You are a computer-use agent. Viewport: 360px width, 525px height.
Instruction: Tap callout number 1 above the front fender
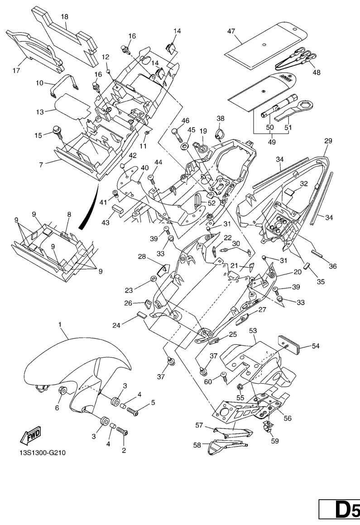click(x=59, y=324)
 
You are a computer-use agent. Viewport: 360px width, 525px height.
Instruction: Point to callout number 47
click(x=231, y=31)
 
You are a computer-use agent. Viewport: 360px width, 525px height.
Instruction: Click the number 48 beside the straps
click(x=316, y=72)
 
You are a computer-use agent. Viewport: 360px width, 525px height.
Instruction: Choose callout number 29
click(x=328, y=141)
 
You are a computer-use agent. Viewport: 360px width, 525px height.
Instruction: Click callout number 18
click(x=64, y=17)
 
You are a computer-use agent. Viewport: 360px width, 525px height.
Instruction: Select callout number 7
click(x=41, y=164)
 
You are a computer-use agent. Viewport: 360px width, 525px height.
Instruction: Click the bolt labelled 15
click(x=58, y=131)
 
